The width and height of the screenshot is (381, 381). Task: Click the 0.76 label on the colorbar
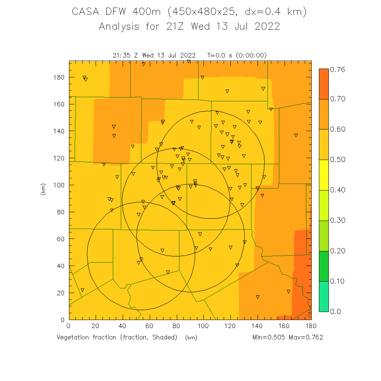[x=337, y=69]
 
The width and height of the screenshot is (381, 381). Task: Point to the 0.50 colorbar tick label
[x=337, y=160]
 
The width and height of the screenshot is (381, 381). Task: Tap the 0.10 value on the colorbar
[x=337, y=281]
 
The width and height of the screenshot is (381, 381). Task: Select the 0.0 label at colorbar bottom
[x=335, y=311]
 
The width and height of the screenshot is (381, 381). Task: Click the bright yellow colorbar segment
[x=323, y=175]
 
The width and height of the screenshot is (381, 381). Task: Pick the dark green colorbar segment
[x=323, y=266]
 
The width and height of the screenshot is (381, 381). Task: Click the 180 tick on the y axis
[x=59, y=77]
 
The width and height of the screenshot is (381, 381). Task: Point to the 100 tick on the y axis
[x=59, y=185]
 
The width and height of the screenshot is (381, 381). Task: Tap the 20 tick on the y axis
[x=61, y=293]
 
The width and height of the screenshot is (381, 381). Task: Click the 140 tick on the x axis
[x=257, y=326]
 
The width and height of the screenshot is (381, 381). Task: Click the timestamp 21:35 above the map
[x=122, y=56]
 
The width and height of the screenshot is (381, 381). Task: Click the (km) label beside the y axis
[x=43, y=189]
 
